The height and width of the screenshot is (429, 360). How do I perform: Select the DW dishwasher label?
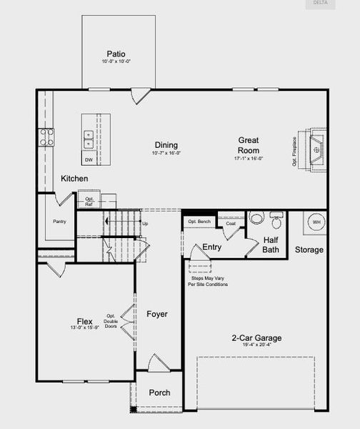point(89,150)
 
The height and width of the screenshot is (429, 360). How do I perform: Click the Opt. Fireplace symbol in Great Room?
point(315,151)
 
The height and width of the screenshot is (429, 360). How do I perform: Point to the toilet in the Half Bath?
point(257,218)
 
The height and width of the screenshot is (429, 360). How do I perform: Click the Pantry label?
point(59,222)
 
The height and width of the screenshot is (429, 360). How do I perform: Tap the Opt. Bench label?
point(199,222)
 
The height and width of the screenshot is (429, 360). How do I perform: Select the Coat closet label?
point(230,224)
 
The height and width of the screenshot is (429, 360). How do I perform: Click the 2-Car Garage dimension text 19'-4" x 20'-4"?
point(256,346)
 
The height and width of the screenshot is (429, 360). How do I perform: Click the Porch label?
point(159,393)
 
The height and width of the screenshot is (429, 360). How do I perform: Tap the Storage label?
point(309,250)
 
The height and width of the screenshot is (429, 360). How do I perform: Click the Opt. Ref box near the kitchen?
point(90,202)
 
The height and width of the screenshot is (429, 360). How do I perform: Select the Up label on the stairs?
point(146,224)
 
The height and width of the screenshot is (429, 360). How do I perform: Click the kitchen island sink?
point(89,134)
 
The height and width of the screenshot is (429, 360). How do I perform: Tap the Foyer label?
point(157,315)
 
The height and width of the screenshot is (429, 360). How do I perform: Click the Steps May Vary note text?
point(208,281)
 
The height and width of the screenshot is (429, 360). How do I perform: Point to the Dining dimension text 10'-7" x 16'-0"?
point(166,153)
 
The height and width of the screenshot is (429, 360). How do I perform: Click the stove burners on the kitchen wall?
point(46,137)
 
